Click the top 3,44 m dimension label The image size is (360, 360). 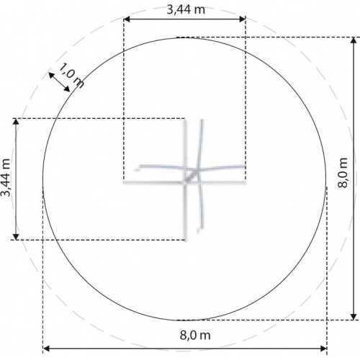[186, 10]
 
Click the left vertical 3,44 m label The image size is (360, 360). [6, 178]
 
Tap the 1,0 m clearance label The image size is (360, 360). [71, 76]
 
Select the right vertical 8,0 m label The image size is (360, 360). [342, 173]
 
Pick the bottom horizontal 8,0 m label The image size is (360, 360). [195, 335]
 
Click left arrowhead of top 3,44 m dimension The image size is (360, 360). [127, 19]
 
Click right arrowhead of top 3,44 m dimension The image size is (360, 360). [243, 19]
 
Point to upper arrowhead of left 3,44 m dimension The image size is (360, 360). [16, 122]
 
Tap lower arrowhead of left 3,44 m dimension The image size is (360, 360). [16, 236]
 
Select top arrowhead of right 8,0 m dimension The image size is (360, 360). [354, 40]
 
